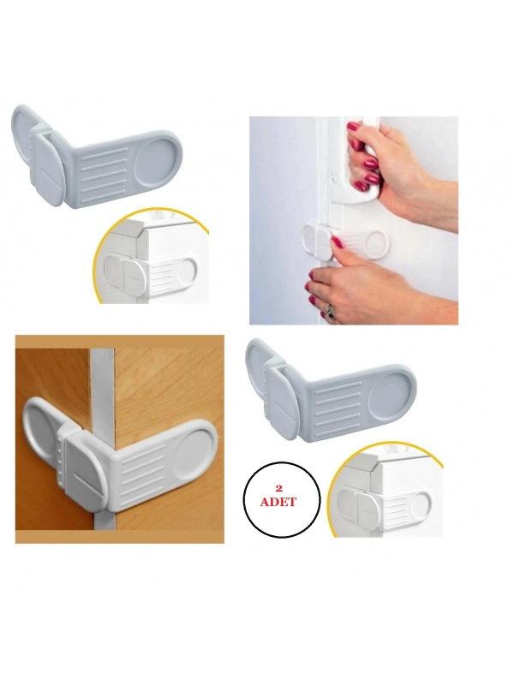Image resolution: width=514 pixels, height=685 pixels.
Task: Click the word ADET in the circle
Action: (278, 502)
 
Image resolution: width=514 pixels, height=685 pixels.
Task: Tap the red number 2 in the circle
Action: (278, 489)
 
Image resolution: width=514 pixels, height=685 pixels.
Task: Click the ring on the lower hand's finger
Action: (331, 312)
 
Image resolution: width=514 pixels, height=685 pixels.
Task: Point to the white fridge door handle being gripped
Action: (356, 161)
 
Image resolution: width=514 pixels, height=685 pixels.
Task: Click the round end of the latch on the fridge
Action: (376, 244)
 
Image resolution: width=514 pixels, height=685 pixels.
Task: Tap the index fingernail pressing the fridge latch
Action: (336, 241)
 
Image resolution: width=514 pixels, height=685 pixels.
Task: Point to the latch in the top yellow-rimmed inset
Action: (152, 271)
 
